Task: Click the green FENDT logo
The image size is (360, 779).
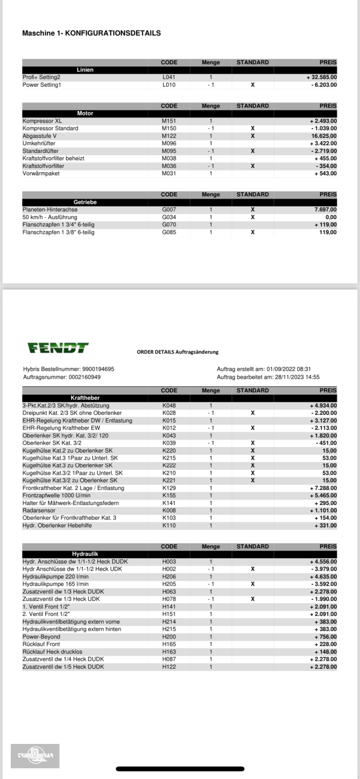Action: [x=57, y=348]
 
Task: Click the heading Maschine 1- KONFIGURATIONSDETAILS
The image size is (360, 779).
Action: [x=92, y=33]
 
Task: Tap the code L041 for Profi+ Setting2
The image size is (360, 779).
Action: [x=169, y=77]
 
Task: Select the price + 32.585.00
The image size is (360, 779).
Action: [x=322, y=77]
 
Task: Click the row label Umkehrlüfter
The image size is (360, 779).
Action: [x=39, y=144]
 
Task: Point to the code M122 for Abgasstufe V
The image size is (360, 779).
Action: [x=169, y=136]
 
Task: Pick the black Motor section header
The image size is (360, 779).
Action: [x=85, y=113]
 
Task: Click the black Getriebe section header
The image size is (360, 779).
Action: [x=85, y=202]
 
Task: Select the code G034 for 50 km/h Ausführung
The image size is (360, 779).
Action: [x=169, y=217]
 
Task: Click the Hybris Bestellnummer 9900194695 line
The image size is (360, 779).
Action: [x=69, y=369]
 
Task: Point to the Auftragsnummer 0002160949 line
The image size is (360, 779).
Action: [x=62, y=377]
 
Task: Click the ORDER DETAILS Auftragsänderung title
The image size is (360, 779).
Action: [x=177, y=352]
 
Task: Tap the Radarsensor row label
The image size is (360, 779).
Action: [x=39, y=511]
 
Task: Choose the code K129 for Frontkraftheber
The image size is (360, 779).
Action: [x=169, y=488]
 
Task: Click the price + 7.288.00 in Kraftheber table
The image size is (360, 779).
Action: [x=323, y=488]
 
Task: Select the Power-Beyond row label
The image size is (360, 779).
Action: [x=41, y=637]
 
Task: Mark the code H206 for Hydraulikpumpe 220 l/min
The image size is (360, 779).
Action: [x=169, y=576]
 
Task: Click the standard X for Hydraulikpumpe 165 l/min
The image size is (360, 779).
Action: [x=252, y=584]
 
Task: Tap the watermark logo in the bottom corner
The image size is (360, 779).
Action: [x=35, y=756]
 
